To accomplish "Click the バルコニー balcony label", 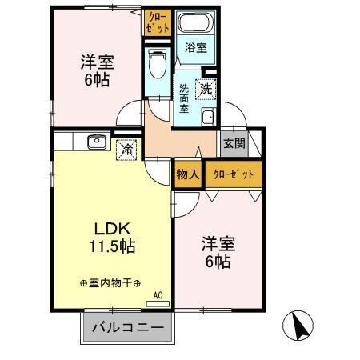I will click(x=126, y=328).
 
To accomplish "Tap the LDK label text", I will click(x=112, y=227).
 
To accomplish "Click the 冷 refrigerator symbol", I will click(x=126, y=148).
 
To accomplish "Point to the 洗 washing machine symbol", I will click(x=206, y=89).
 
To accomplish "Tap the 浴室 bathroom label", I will click(x=194, y=47).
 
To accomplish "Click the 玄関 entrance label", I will click(x=234, y=145).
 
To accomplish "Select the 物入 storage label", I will click(x=187, y=174).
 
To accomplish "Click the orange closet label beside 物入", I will click(x=233, y=174).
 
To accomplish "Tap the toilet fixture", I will click(x=157, y=62).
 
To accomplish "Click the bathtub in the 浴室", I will click(x=194, y=25).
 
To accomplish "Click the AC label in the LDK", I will click(x=157, y=295).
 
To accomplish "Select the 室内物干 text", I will click(x=110, y=283).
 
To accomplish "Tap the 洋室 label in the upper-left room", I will click(x=94, y=62).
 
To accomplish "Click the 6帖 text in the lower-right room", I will click(x=216, y=262).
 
